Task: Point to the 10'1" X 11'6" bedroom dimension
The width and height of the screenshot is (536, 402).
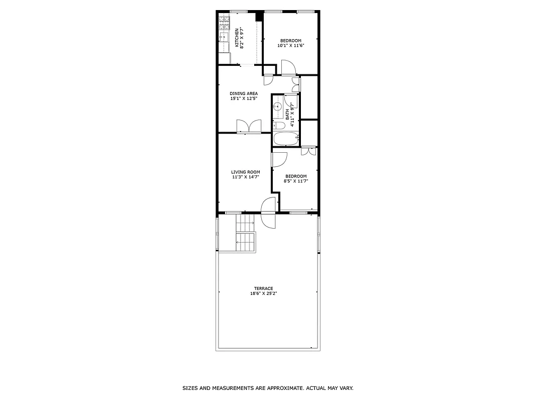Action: (291, 46)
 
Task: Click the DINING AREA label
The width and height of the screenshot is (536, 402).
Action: (244, 93)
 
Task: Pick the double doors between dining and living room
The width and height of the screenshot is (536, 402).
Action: (249, 126)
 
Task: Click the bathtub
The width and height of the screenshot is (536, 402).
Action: (286, 139)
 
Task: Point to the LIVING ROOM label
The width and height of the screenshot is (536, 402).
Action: (246, 172)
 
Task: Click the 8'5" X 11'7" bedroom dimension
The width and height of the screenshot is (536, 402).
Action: (296, 181)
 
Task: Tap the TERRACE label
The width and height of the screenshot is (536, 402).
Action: (263, 288)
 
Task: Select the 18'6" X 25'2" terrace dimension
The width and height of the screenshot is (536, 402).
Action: (264, 293)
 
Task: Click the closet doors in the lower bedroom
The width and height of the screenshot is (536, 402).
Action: (308, 151)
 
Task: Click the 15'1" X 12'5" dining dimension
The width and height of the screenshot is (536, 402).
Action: (244, 98)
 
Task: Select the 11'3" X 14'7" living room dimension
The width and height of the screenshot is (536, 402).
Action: (246, 177)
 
